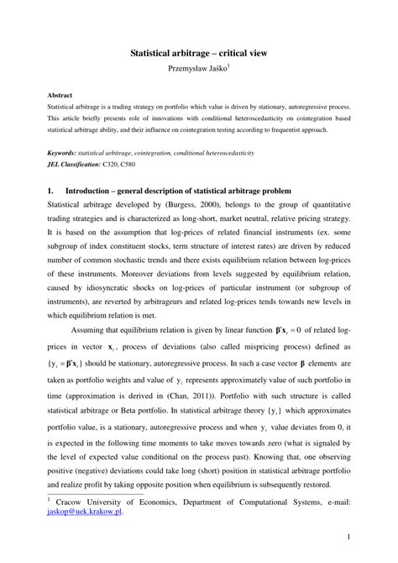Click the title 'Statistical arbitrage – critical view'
coord(198,52)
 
